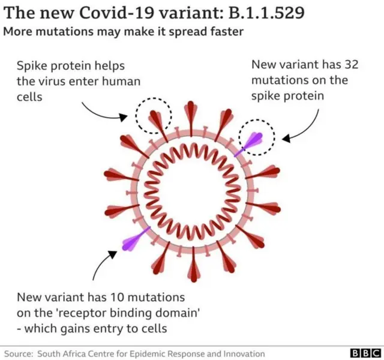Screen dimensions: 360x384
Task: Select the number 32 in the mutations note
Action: click(x=334, y=64)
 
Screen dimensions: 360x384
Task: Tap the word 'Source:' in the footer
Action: click(x=19, y=353)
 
